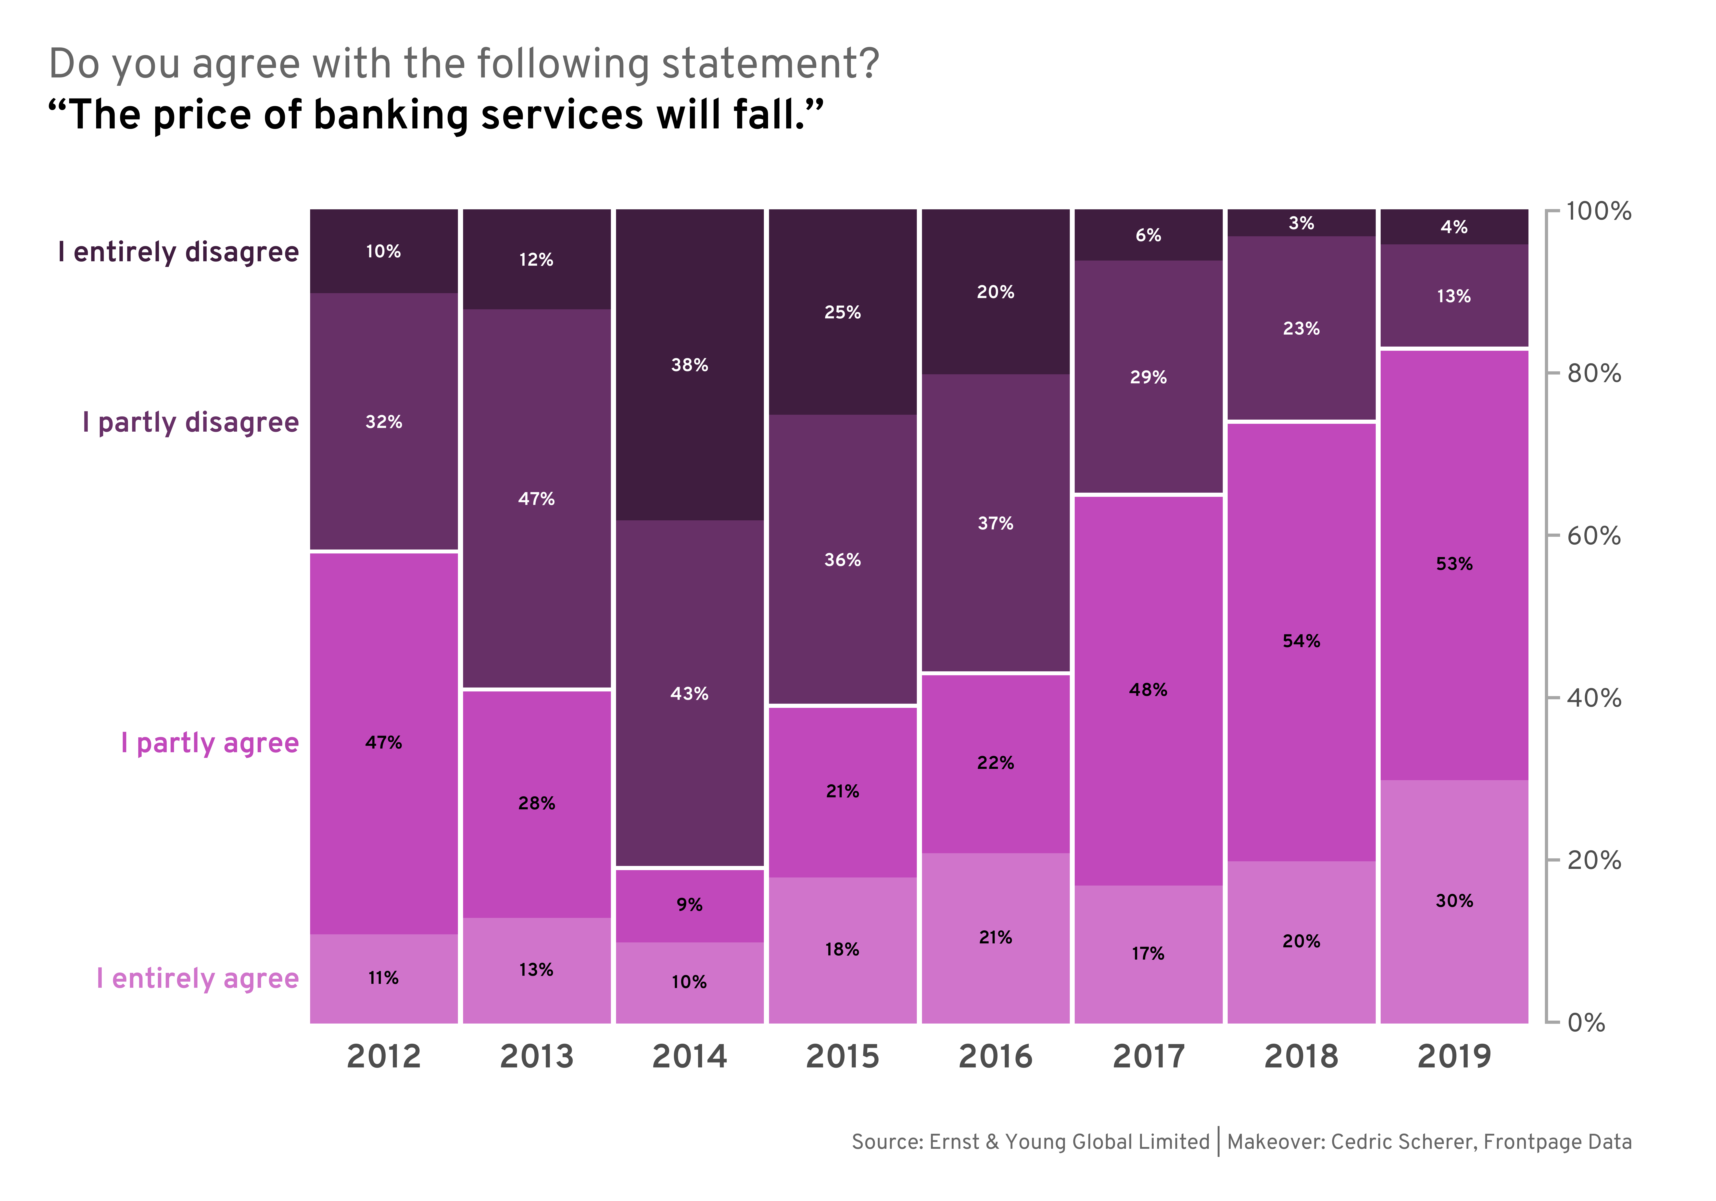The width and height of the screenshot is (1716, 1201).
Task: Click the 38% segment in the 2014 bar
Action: pyautogui.click(x=689, y=365)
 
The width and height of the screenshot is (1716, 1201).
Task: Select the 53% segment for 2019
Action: pyautogui.click(x=1454, y=564)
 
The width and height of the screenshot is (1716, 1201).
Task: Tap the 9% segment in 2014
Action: pyautogui.click(x=689, y=905)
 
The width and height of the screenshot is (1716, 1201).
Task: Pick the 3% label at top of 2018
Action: pyautogui.click(x=1301, y=223)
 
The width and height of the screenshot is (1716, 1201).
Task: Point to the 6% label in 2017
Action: pyautogui.click(x=1148, y=235)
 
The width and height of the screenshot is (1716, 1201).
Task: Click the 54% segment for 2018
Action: pyautogui.click(x=1301, y=641)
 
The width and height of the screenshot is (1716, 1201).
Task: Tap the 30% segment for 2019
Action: pyautogui.click(x=1454, y=901)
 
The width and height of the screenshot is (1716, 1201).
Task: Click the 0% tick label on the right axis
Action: pyautogui.click(x=1586, y=1022)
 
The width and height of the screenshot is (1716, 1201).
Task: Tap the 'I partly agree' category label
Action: pyautogui.click(x=210, y=743)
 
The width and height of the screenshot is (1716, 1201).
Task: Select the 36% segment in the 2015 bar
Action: pyautogui.click(x=842, y=560)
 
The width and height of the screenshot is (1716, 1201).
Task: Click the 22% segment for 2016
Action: pyautogui.click(x=996, y=763)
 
